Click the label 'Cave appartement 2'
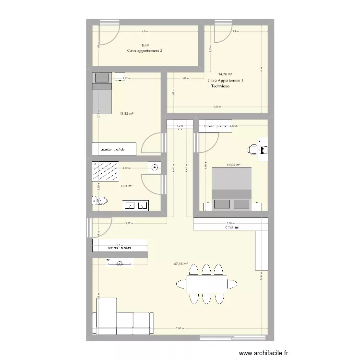pyautogui.click(x=144, y=50)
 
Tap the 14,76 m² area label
pyautogui.click(x=225, y=74)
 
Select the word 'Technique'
pyautogui.click(x=220, y=86)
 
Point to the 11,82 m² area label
pyautogui.click(x=127, y=113)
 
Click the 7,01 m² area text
pyautogui.click(x=127, y=186)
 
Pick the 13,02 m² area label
pyautogui.click(x=233, y=166)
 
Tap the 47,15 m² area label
pyautogui.click(x=181, y=264)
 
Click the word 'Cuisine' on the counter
pyautogui.click(x=232, y=228)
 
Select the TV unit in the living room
pyautogui.click(x=120, y=262)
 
